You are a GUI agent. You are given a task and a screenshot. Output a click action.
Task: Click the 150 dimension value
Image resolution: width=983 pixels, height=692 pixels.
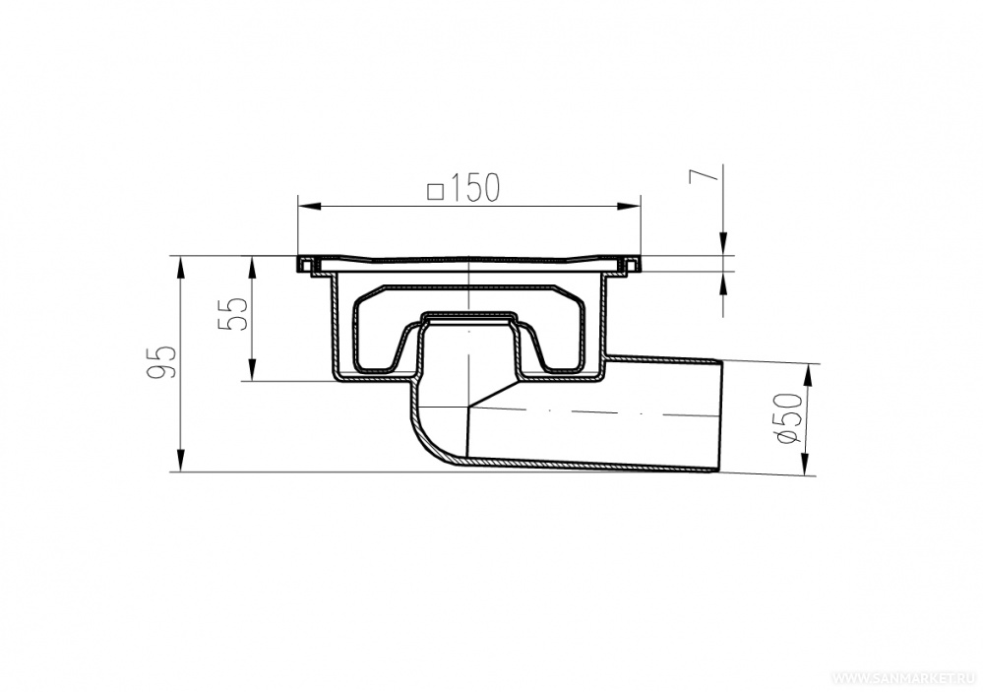(472, 187)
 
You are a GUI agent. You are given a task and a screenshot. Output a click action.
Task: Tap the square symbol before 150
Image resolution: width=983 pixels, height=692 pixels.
(435, 191)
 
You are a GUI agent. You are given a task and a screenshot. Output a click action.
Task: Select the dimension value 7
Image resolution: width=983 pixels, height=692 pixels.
(703, 175)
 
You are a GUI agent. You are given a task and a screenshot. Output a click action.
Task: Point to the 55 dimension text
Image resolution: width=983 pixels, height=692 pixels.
(234, 314)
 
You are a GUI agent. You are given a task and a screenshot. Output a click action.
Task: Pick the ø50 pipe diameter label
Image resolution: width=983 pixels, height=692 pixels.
(787, 417)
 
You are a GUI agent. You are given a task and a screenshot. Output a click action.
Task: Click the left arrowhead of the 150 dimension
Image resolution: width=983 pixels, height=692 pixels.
(308, 205)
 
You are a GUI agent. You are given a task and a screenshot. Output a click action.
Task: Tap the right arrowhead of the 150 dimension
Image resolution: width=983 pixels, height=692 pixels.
(630, 205)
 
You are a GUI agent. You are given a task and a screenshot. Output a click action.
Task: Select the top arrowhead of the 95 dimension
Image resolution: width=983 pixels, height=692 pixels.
(181, 268)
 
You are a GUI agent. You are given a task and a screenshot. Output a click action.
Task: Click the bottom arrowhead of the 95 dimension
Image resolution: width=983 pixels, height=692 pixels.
(181, 460)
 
